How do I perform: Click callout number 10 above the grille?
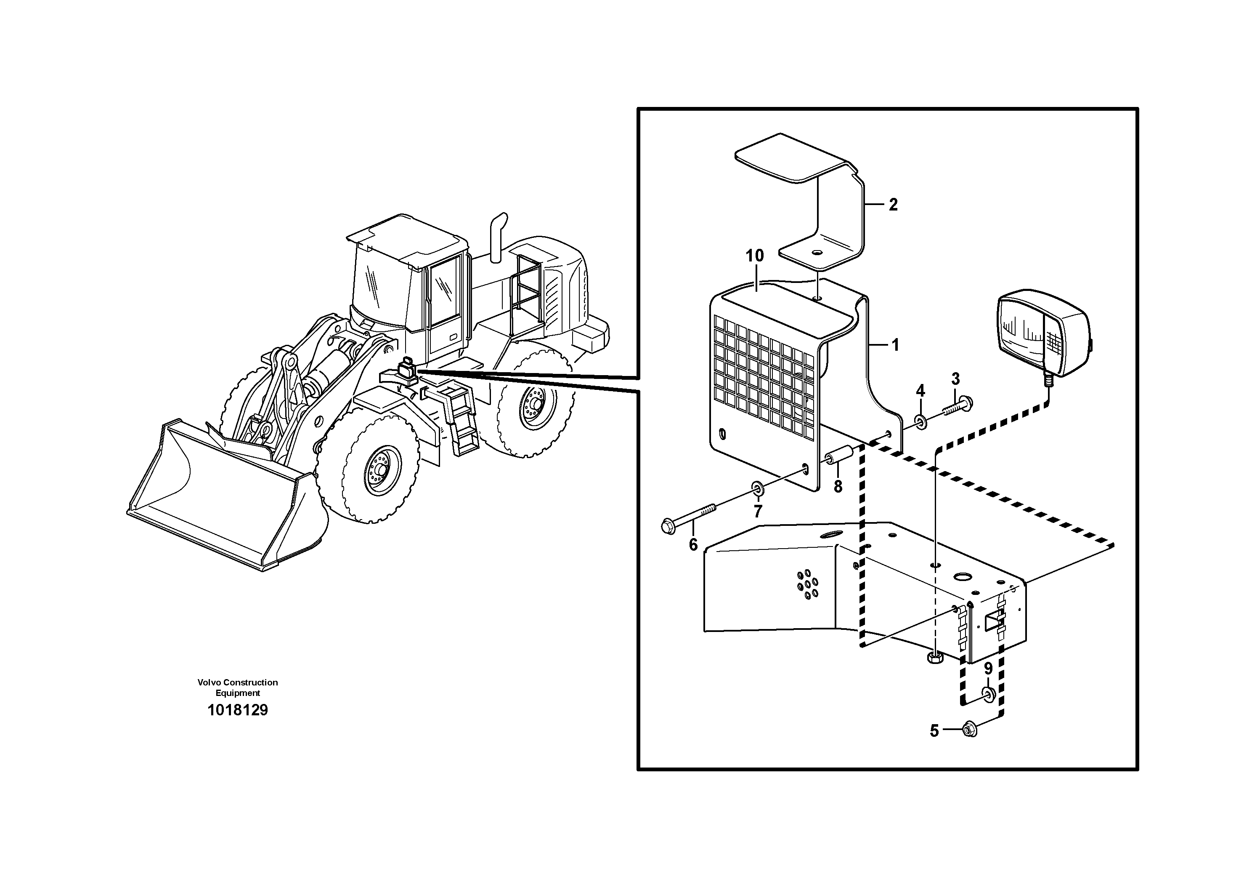pos(755,255)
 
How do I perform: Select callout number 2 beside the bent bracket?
pos(893,205)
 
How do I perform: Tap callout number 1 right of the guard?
pos(894,345)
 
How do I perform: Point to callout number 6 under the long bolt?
pos(693,544)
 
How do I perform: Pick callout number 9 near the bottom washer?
pos(988,669)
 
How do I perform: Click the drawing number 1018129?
pos(238,710)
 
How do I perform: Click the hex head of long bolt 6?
pos(668,527)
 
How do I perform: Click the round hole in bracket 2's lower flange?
pos(817,254)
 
